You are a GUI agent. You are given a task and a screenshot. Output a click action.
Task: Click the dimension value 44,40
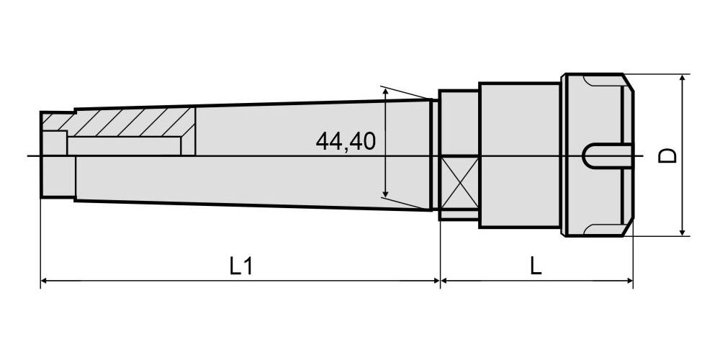pos(346,141)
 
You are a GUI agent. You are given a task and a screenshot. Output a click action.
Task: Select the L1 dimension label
pos(241,266)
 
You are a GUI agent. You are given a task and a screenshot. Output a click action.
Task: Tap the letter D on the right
pos(667,156)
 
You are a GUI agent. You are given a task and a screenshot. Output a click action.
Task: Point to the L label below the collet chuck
pos(536,266)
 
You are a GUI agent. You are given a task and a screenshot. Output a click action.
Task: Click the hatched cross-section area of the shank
pos(133,122)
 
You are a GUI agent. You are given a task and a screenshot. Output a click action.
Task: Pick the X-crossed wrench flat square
pos(459,182)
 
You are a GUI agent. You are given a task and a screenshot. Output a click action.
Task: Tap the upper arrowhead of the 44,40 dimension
pos(385,93)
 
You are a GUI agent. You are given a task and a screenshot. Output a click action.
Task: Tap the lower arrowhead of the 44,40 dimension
pos(385,192)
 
